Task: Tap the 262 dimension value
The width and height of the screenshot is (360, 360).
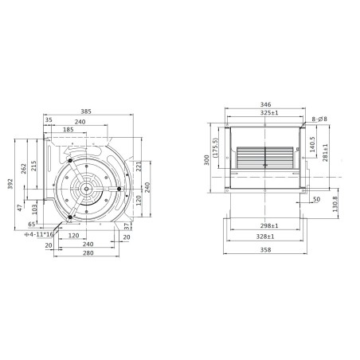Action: (x=24, y=168)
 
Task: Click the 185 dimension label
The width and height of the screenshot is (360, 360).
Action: (x=68, y=129)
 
